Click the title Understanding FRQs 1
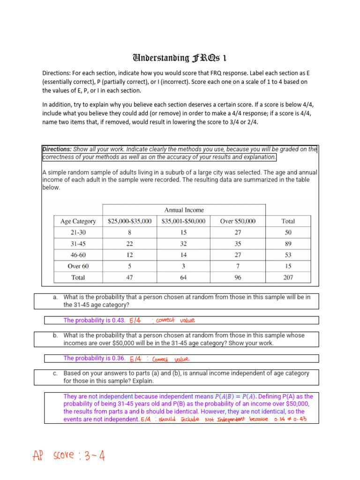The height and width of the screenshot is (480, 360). pos(180,58)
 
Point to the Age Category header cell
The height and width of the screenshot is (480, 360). pos(78,221)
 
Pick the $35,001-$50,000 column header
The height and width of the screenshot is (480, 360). pos(184,221)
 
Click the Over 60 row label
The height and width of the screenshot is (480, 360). pos(78,266)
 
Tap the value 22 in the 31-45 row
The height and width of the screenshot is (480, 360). pos(130,244)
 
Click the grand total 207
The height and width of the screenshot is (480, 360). pos(288,277)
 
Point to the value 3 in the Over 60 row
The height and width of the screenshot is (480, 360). pos(184,266)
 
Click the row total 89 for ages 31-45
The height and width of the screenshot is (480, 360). pos(288,244)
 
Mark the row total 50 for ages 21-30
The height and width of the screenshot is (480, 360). pos(288,232)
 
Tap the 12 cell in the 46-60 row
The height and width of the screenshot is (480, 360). pos(130,255)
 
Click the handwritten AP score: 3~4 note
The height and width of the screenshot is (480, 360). pos(68,455)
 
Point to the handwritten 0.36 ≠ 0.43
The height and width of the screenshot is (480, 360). pos(290,419)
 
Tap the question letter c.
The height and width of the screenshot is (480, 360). pos(55,373)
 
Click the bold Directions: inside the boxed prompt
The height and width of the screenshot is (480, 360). pos(57,150)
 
